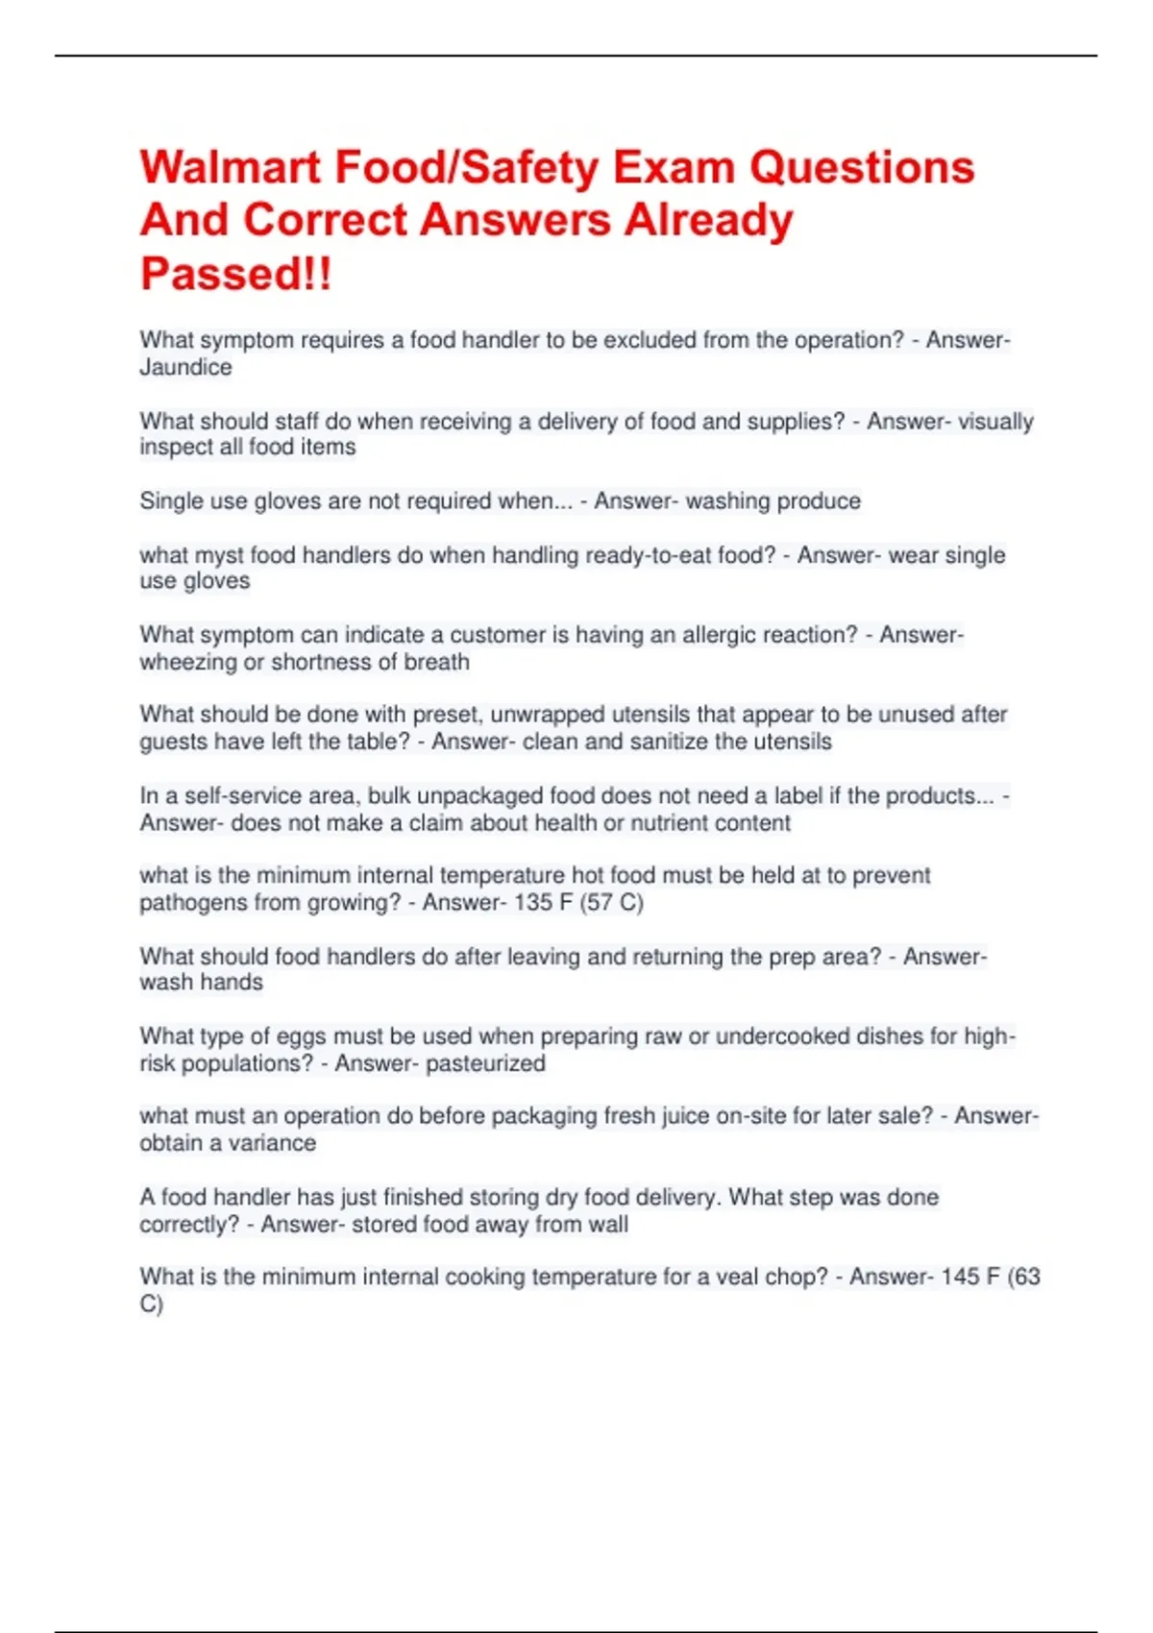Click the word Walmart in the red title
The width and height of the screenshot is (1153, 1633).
coord(230,168)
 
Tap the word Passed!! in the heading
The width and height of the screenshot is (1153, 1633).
coord(235,274)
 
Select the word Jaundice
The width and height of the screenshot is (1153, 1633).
coord(185,367)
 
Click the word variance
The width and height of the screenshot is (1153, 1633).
coord(272,1143)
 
